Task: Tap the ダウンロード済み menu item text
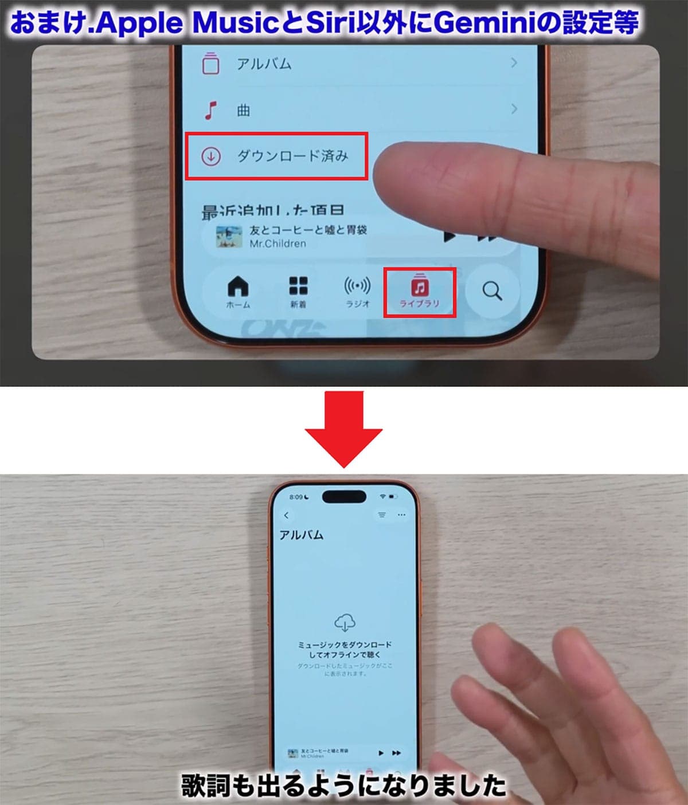point(292,156)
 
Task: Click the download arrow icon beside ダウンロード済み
point(211,156)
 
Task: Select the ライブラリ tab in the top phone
point(419,292)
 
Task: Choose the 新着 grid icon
point(298,285)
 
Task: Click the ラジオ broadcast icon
point(357,285)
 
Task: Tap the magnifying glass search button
point(492,291)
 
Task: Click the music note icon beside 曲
point(211,109)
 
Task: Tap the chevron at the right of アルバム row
point(514,62)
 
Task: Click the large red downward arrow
point(343,430)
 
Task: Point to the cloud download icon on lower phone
point(345,622)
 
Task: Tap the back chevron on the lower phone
point(286,515)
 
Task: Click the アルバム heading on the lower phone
point(301,535)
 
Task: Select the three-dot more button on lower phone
point(401,515)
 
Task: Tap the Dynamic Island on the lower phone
point(344,496)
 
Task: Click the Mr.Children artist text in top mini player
point(277,244)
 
